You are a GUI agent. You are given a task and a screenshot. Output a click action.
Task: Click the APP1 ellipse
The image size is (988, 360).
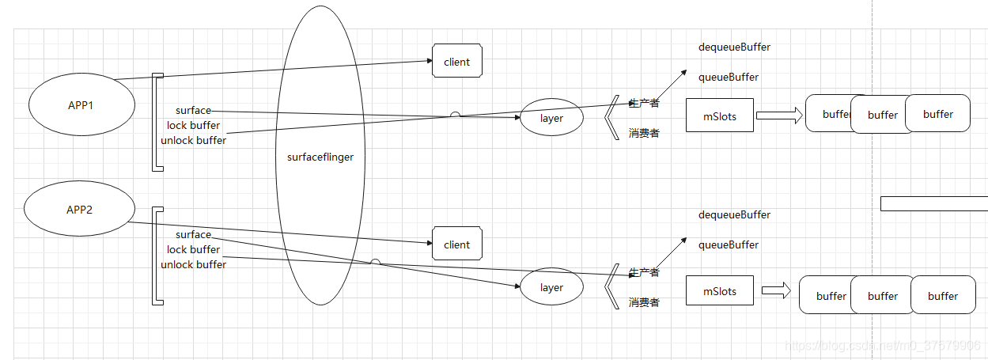pos(81,105)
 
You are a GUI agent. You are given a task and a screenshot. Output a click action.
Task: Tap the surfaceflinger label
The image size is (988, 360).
pos(320,157)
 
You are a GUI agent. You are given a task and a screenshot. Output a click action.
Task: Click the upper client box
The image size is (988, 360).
pos(457,62)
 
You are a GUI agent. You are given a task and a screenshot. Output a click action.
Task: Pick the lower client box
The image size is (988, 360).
pos(457,244)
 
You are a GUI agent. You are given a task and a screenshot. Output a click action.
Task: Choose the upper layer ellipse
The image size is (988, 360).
pos(551,119)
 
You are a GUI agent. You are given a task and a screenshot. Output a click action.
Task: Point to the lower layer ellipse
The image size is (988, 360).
pos(551,288)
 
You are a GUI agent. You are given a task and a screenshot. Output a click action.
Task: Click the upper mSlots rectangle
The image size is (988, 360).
pos(720,116)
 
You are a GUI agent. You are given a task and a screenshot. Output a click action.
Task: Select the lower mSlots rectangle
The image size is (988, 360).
pos(720,291)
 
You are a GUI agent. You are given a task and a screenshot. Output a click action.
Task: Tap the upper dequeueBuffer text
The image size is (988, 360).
pos(734,47)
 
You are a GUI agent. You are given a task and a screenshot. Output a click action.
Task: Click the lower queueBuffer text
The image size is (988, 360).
pos(729,244)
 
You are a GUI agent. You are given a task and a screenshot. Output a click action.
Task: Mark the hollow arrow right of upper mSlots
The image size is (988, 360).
pos(779,116)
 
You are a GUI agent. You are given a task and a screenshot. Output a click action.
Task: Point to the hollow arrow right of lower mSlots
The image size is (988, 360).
pos(776,291)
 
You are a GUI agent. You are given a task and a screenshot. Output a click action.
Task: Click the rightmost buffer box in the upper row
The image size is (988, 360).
pos(938,114)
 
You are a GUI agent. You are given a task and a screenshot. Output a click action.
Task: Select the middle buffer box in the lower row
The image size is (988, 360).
pos(883,296)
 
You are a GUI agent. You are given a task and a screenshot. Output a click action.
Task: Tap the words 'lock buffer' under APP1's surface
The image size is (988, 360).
pos(194,125)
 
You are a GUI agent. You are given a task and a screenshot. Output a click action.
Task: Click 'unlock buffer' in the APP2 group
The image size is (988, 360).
pos(194,264)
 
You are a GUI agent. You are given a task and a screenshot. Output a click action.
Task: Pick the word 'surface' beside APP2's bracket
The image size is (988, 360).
pos(194,234)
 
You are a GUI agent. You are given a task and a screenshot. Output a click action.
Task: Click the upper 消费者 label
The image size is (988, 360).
pos(644,133)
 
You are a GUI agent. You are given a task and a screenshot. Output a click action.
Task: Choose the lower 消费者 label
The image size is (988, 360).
pos(644,302)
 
